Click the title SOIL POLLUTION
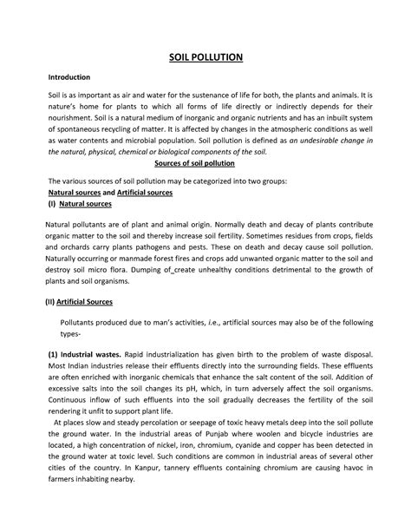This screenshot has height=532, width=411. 205,57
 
